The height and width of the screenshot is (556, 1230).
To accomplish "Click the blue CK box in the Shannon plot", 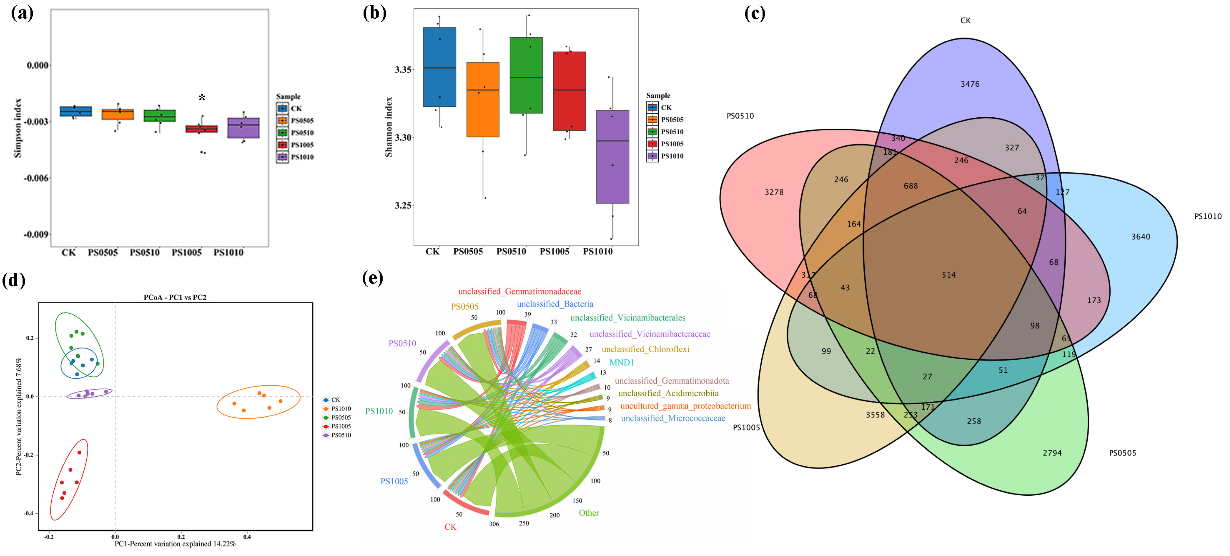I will click(x=439, y=67).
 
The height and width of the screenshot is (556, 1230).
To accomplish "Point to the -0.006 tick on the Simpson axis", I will click(x=36, y=178).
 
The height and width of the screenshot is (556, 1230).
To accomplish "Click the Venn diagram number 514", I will click(x=948, y=275).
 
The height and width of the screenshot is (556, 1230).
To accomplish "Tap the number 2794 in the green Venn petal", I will click(x=1052, y=453).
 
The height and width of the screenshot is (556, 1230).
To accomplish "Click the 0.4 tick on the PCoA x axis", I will click(x=247, y=537).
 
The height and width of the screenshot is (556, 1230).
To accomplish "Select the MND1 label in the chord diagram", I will click(x=621, y=363).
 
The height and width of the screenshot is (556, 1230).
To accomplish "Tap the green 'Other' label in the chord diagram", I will click(x=588, y=513).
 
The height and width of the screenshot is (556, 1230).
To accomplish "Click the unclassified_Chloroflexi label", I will click(x=645, y=349).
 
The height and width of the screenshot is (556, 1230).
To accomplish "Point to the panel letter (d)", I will click(x=13, y=280).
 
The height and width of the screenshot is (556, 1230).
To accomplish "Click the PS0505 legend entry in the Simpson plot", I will click(x=302, y=121).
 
